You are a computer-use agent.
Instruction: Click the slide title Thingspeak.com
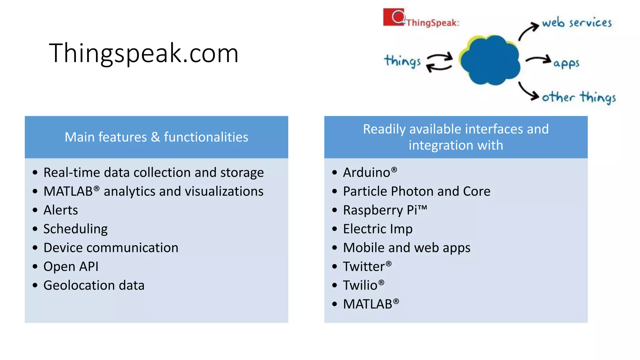(144, 53)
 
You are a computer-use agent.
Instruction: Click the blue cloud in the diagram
(490, 60)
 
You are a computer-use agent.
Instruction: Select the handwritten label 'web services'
(577, 23)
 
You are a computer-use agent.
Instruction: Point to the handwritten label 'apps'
(566, 63)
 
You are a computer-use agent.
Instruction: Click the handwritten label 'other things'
(579, 97)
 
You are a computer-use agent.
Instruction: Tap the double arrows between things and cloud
(439, 62)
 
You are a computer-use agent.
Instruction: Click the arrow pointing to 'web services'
(528, 31)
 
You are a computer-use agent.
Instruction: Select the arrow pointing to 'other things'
(528, 91)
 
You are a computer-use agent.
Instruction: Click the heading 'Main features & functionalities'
(156, 137)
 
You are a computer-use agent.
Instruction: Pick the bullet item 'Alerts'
(61, 210)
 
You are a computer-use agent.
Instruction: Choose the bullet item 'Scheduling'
(75, 229)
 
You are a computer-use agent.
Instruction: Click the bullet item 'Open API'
(71, 267)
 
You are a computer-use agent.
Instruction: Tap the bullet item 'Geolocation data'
(94, 285)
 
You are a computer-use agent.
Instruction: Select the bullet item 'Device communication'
(111, 248)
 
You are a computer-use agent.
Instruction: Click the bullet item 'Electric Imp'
(377, 229)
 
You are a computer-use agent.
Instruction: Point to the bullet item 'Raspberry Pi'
(384, 210)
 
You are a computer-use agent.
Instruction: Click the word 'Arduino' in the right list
(367, 172)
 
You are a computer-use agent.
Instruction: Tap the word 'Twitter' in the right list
(364, 267)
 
